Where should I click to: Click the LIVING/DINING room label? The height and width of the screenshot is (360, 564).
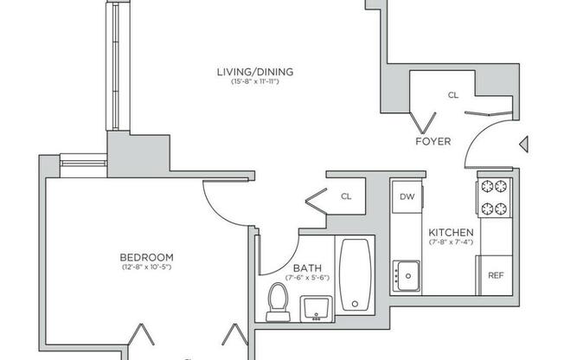(x=254, y=72)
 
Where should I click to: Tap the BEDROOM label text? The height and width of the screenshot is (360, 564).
(x=147, y=257)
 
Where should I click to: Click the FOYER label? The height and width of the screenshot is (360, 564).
(x=433, y=141)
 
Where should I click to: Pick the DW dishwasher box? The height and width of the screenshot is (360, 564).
(x=407, y=196)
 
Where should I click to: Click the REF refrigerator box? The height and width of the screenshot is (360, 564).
(x=496, y=275)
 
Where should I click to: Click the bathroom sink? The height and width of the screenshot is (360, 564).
(x=317, y=307)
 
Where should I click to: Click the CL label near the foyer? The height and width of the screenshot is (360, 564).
(x=452, y=96)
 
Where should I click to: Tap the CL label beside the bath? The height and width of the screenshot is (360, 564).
(x=346, y=196)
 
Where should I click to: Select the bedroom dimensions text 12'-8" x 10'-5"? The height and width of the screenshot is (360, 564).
(x=147, y=267)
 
